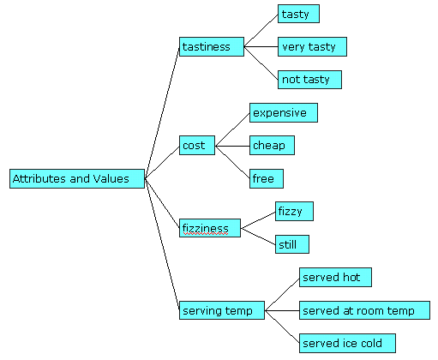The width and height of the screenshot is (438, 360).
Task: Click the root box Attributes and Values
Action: (77, 178)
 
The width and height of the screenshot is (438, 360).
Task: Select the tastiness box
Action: (212, 46)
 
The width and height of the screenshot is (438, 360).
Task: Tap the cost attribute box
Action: (197, 146)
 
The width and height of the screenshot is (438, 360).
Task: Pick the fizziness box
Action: (210, 228)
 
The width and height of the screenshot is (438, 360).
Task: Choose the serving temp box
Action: (222, 310)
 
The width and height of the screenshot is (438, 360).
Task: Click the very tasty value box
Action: (312, 46)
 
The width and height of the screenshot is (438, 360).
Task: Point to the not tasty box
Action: (309, 80)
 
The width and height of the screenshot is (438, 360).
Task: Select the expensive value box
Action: (284, 113)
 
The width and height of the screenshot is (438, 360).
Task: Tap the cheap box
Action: (272, 146)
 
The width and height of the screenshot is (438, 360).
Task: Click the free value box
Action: (267, 178)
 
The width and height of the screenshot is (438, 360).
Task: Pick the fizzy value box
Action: (294, 212)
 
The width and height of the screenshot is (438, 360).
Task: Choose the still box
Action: (292, 244)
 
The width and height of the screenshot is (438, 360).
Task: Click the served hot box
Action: (335, 277)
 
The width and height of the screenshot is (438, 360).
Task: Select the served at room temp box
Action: (364, 310)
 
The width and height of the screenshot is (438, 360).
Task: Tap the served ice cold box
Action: (347, 343)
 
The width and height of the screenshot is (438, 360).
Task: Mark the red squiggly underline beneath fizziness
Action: (206, 234)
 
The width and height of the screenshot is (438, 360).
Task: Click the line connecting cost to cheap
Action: (232, 146)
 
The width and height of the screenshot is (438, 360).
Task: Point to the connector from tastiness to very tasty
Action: (261, 46)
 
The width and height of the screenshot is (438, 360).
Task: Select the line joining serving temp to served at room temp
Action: (282, 310)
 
